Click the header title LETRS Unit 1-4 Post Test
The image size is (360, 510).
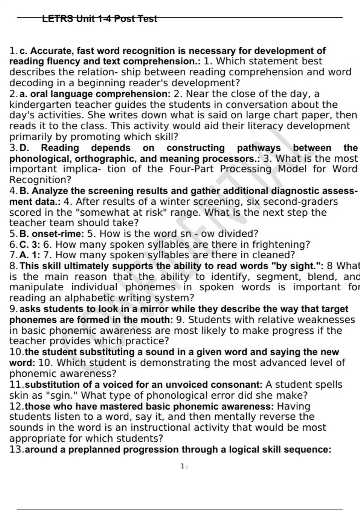99,19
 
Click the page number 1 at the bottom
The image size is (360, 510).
182,466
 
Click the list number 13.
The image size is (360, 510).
16,449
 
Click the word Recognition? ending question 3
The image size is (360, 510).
40,180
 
